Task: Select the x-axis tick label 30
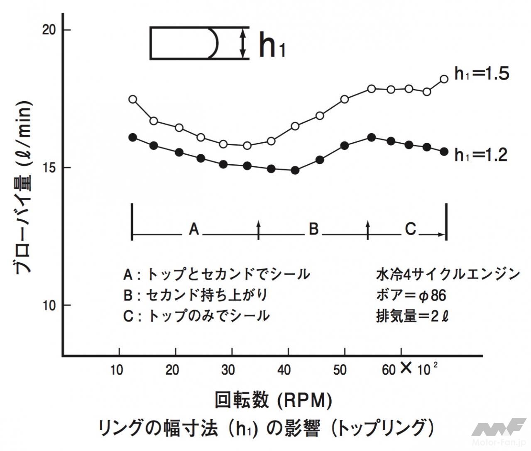228,370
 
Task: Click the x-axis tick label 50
340,370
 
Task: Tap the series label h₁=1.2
482,155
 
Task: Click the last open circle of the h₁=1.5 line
444,79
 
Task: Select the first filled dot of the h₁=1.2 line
133,138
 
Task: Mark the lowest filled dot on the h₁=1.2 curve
295,170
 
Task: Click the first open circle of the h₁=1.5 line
133,99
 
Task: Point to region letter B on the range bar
313,229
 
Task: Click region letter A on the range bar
194,229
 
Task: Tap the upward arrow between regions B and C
367,229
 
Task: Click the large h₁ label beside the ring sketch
272,46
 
